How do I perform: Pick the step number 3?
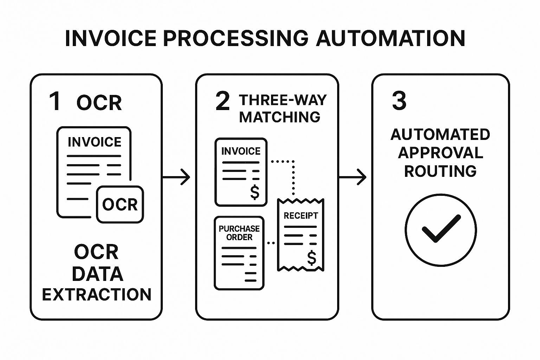click(x=399, y=101)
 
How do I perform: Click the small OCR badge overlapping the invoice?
click(x=120, y=205)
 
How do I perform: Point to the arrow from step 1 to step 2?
click(x=176, y=176)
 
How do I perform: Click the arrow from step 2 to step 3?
click(x=353, y=176)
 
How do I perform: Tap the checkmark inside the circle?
click(x=441, y=229)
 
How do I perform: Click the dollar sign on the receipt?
click(x=311, y=258)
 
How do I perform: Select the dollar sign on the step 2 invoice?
click(x=255, y=192)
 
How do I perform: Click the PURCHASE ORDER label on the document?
click(x=239, y=233)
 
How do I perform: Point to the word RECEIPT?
click(x=301, y=216)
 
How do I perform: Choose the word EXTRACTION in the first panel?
click(x=97, y=295)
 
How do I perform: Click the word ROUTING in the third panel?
click(x=440, y=171)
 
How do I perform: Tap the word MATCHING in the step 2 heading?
click(x=279, y=117)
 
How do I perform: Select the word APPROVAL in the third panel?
click(x=440, y=153)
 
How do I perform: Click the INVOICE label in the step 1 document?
click(x=95, y=142)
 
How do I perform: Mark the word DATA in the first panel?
click(x=97, y=274)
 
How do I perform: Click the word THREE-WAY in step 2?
click(x=283, y=100)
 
